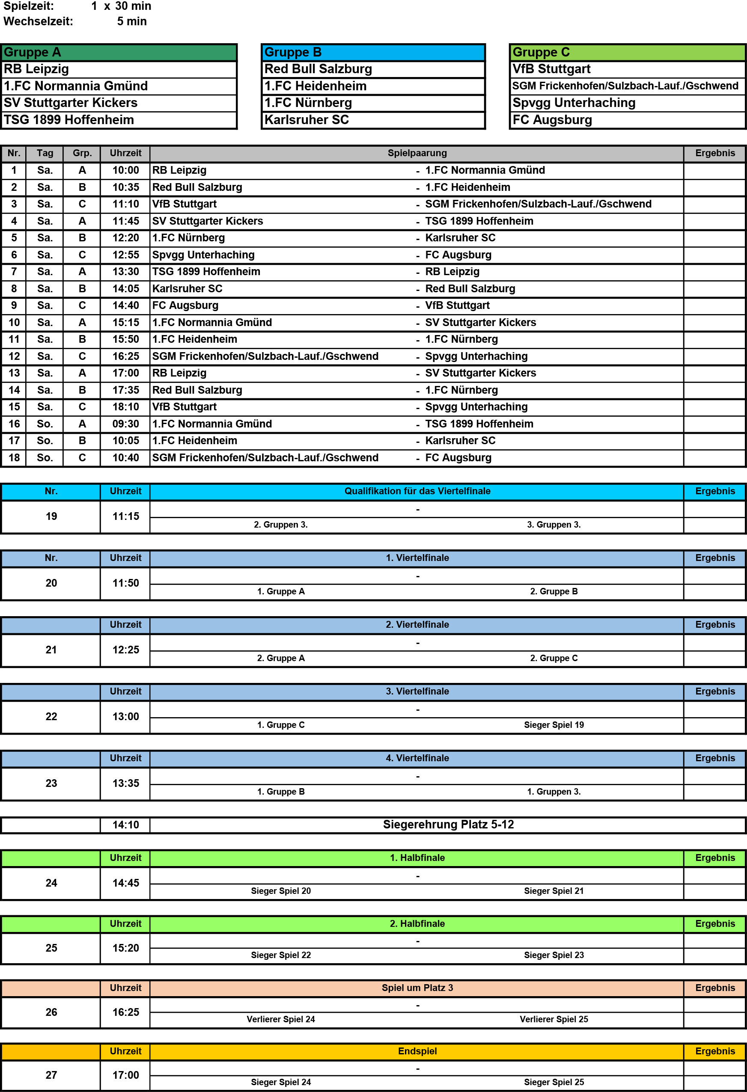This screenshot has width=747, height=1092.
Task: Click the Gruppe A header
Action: click(x=33, y=52)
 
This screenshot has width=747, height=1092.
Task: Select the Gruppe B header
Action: click(x=293, y=52)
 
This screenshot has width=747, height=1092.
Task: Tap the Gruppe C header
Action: click(x=541, y=52)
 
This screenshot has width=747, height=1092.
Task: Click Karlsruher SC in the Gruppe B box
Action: click(x=307, y=120)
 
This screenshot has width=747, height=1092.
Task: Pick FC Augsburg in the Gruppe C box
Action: click(x=552, y=120)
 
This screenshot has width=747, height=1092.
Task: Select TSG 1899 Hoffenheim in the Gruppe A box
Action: click(x=68, y=120)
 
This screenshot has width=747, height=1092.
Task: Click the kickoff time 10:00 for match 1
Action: click(x=125, y=170)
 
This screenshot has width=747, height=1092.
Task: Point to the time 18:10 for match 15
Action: click(x=125, y=407)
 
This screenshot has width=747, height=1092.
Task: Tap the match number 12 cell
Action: click(x=14, y=356)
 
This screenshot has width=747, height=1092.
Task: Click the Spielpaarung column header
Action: click(x=417, y=153)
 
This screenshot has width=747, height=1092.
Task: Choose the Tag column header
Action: click(x=45, y=153)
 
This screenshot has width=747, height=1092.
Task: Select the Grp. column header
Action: click(x=82, y=153)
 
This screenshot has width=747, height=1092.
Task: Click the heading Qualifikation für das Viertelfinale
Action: click(x=417, y=491)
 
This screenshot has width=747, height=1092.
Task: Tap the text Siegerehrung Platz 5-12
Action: click(x=448, y=824)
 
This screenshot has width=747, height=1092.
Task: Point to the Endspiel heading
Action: click(x=417, y=1051)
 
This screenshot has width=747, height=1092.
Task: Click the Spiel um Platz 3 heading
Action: click(x=417, y=988)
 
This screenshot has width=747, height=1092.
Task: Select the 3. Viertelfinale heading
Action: click(x=417, y=691)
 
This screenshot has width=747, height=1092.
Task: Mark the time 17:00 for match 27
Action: click(x=125, y=1075)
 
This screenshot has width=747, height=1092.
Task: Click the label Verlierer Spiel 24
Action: click(x=281, y=1019)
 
